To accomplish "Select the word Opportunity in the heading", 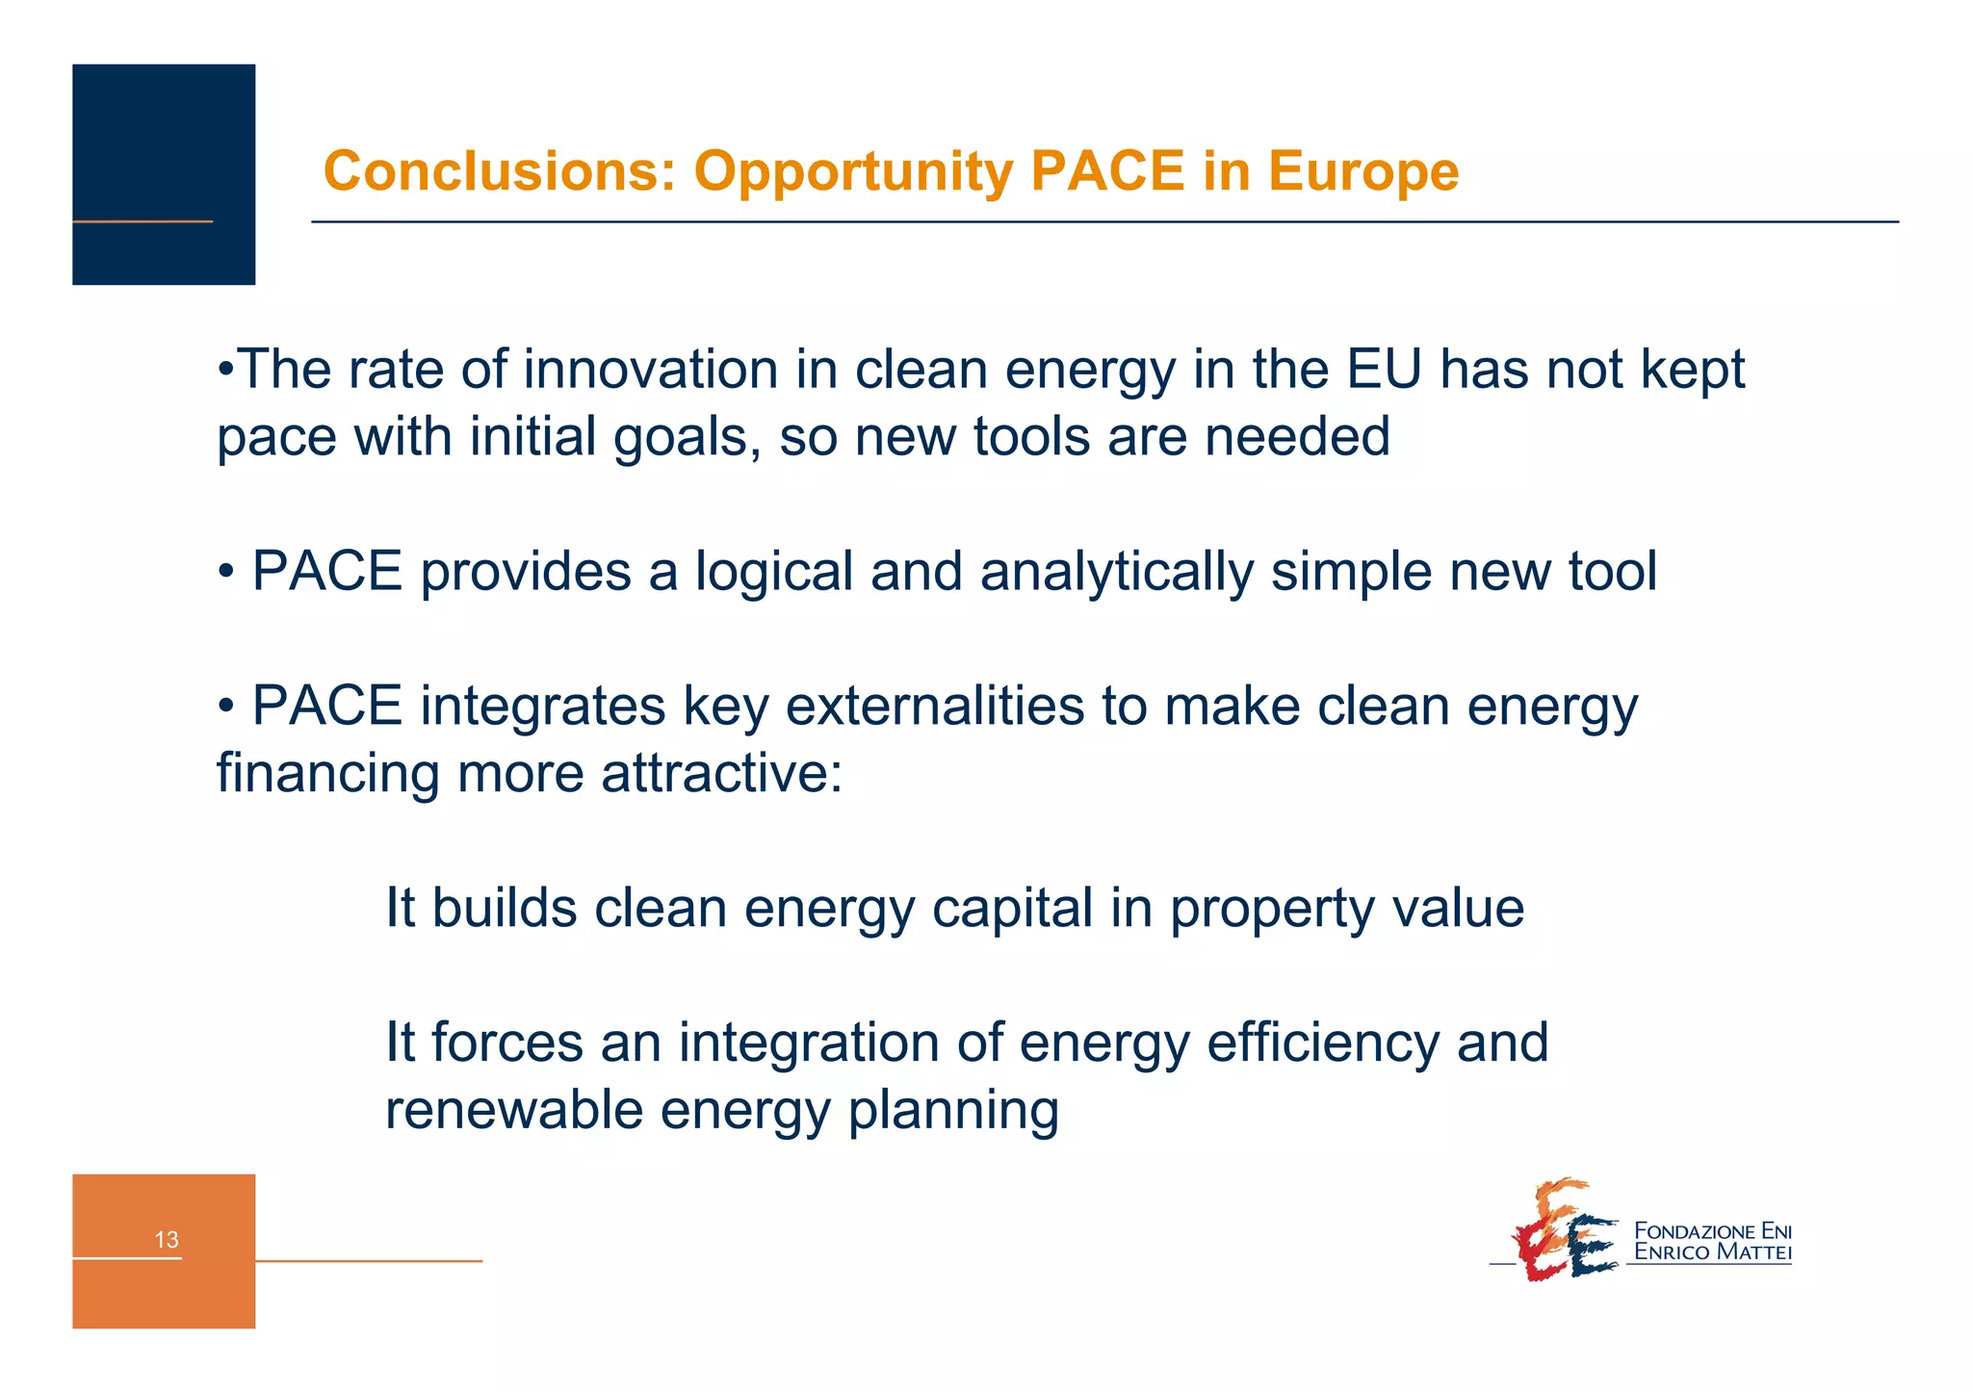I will point(852,171).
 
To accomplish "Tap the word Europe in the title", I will point(1362,171).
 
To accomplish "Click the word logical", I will point(774,572).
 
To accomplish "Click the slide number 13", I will point(167,1240).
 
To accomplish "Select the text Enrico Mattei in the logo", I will point(1713,1252).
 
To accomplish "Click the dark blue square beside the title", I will point(164,174).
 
